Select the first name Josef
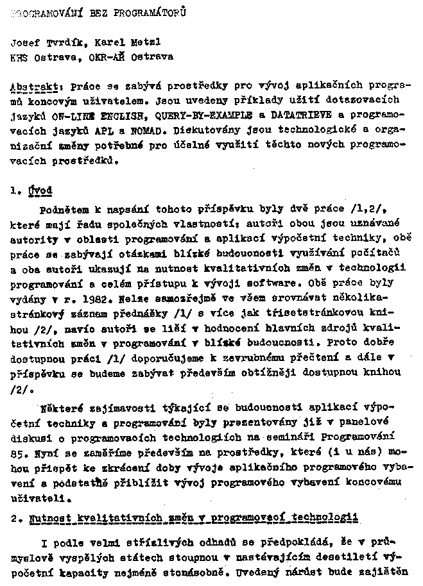[25, 43]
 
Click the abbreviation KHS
[20, 56]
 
